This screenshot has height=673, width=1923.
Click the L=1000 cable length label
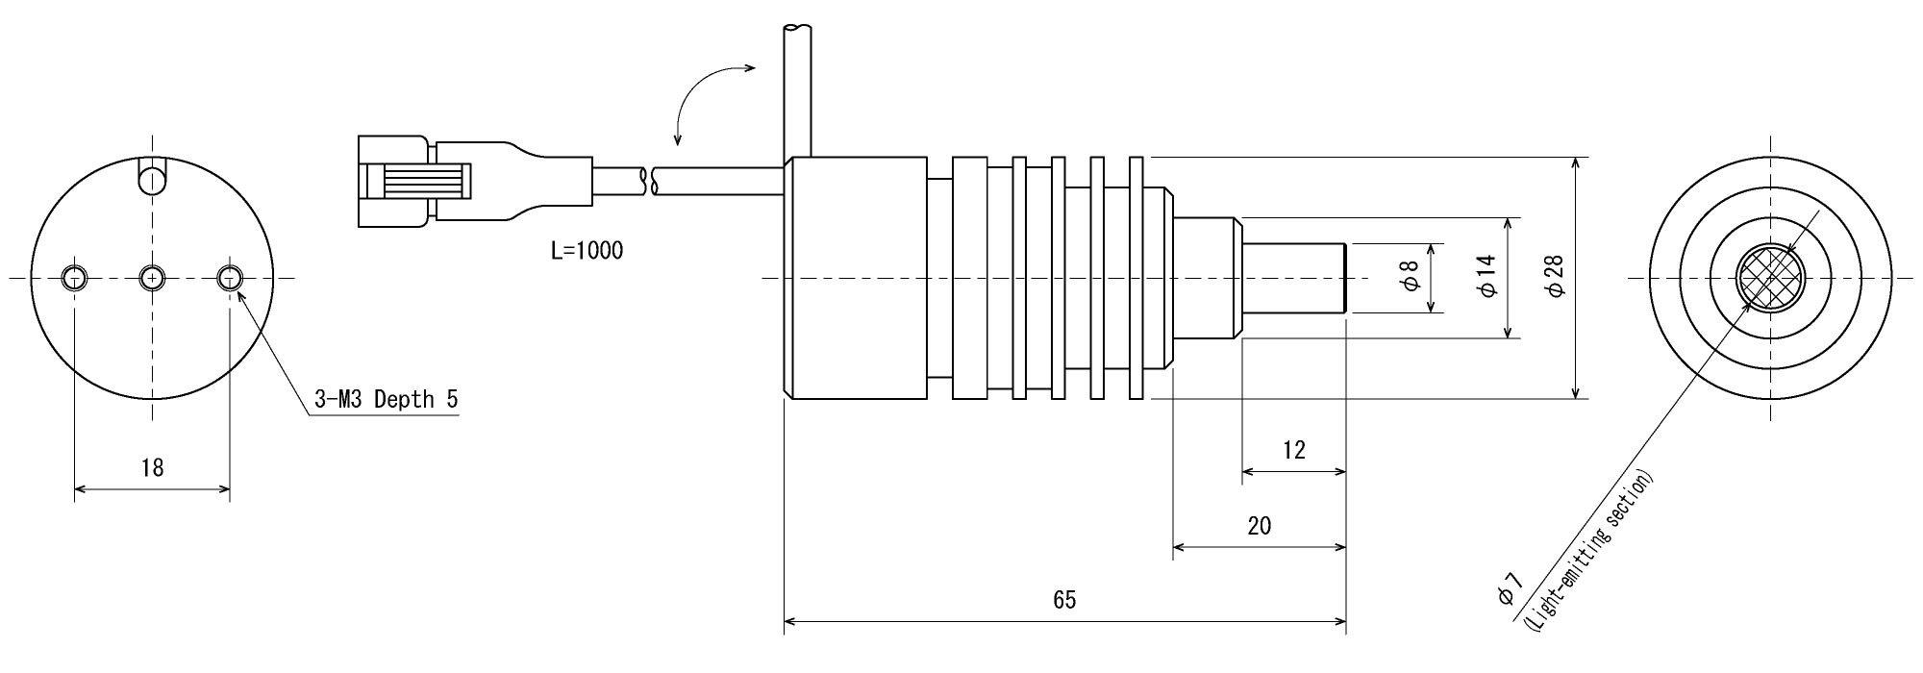[x=587, y=252]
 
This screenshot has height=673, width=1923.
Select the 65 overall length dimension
[x=1063, y=601]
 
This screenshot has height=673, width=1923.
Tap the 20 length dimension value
[x=1259, y=526]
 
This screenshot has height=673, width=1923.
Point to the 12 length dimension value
[x=1294, y=450]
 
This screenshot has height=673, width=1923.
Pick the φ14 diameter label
[x=1486, y=276]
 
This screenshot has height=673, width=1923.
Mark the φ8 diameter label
[x=1411, y=277]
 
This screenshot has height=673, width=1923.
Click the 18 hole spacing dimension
[x=152, y=468]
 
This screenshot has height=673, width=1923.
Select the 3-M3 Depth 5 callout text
[x=387, y=399]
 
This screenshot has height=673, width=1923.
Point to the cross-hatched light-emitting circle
[x=1771, y=278]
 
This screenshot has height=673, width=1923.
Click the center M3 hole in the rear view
[x=152, y=278]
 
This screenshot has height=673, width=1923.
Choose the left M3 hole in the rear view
[x=75, y=278]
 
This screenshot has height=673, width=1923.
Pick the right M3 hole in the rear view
[x=230, y=278]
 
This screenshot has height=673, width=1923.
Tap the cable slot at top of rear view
[x=152, y=178]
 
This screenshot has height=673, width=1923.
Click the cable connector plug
[x=413, y=182]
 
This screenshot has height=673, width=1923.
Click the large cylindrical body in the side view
[x=856, y=278]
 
